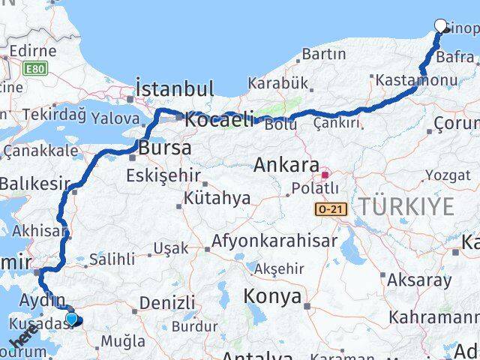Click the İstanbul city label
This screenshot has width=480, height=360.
[175, 88]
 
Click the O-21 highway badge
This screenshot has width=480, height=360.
[331, 209]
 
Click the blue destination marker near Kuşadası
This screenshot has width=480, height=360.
[71, 319]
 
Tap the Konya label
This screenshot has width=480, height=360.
[271, 296]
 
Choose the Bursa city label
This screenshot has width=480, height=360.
[165, 147]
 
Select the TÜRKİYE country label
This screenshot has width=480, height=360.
[406, 206]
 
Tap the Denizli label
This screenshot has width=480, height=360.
[167, 302]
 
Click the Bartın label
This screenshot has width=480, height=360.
[324, 54]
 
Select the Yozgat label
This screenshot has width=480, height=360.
[448, 175]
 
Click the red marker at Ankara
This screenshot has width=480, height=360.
[325, 175]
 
